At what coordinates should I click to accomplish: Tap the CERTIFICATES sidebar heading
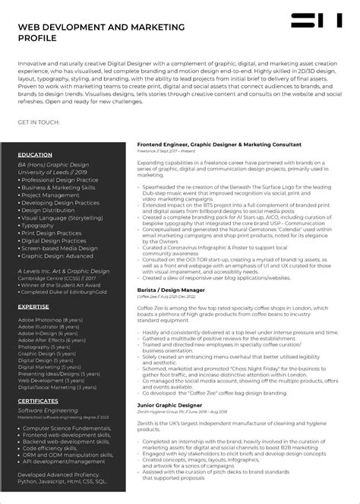(38, 400)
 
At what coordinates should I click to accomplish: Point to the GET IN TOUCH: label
(37, 122)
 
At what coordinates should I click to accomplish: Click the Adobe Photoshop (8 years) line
(50, 319)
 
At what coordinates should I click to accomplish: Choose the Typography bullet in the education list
(37, 225)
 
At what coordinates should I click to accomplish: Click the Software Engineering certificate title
(47, 410)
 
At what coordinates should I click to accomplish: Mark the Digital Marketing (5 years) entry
(50, 366)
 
